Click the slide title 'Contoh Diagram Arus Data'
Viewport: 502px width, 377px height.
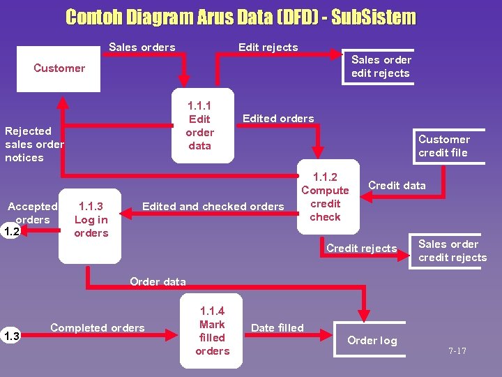pos(241,17)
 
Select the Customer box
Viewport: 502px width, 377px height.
pos(59,68)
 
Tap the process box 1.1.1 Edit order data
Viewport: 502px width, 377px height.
pos(199,125)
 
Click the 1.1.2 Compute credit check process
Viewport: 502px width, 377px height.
pos(325,198)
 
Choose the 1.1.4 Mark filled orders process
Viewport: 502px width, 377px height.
pos(212,331)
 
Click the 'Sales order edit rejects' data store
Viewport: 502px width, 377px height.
pos(381,66)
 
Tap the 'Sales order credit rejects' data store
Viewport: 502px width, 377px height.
pos(451,251)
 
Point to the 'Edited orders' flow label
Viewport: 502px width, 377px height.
pos(278,119)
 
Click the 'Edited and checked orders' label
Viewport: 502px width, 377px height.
pos(213,206)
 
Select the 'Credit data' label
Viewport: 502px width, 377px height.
pos(397,185)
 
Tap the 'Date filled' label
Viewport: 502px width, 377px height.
pos(277,328)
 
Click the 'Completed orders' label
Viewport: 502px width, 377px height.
pos(98,328)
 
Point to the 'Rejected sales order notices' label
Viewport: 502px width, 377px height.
pos(33,144)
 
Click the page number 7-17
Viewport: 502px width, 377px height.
pos(457,351)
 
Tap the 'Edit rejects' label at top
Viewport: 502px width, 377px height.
pos(268,47)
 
